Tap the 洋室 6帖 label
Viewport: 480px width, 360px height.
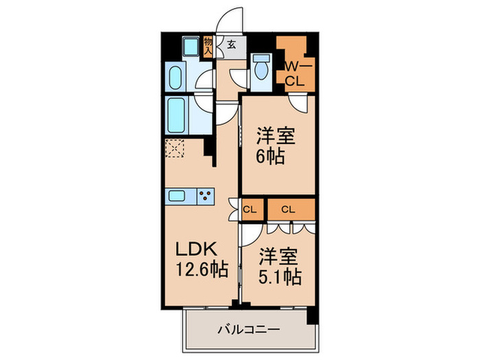276,145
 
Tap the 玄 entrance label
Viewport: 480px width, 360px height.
231,45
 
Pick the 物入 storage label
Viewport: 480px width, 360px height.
208,45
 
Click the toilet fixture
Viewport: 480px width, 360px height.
260,70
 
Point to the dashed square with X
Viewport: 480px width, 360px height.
175,149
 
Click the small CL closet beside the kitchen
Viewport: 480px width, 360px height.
250,209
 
